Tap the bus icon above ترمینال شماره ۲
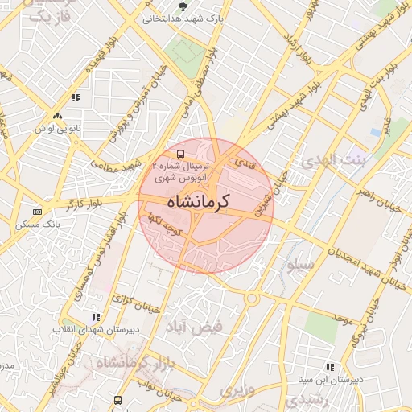179,153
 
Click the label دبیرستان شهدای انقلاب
88,330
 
